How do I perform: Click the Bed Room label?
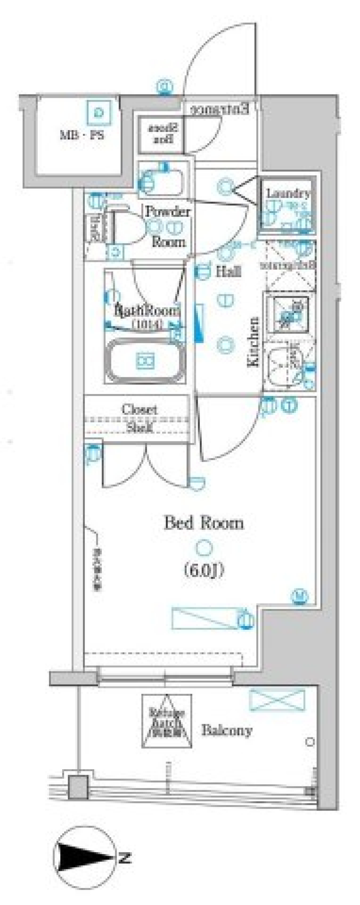[204, 523]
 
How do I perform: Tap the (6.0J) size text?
[204, 570]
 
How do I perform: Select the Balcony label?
[227, 730]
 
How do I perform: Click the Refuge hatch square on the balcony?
[166, 720]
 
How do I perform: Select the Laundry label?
[288, 194]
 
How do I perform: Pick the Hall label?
[228, 271]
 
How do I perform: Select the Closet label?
[139, 409]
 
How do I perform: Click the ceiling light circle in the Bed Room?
[204, 548]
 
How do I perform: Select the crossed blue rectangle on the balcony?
[277, 699]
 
